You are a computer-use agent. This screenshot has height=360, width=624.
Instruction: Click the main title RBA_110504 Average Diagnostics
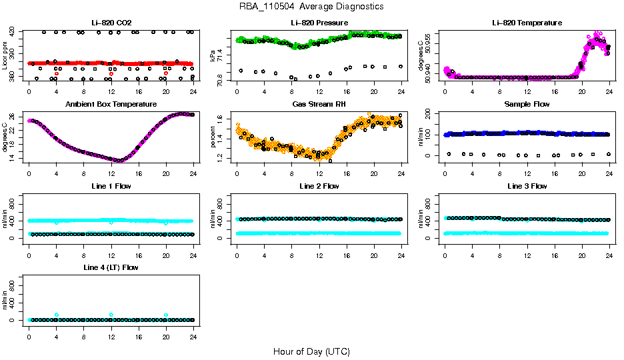point(311,7)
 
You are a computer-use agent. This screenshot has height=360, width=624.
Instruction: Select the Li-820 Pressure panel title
point(319,23)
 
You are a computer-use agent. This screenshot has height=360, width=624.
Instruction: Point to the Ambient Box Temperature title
point(111,105)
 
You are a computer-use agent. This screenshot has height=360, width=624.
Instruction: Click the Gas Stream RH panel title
point(319,105)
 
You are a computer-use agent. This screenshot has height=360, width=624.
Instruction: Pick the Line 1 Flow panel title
point(111,186)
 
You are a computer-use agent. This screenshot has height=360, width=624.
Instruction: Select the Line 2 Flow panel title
point(319,186)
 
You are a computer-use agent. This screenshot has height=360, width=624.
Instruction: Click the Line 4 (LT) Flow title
point(111,267)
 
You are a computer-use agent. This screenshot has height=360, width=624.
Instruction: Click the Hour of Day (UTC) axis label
point(311,351)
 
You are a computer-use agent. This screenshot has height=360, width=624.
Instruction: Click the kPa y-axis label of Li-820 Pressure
point(213,55)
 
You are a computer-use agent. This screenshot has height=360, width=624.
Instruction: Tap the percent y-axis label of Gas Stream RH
point(213,137)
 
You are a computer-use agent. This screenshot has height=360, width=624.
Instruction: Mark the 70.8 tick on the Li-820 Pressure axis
point(222,78)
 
